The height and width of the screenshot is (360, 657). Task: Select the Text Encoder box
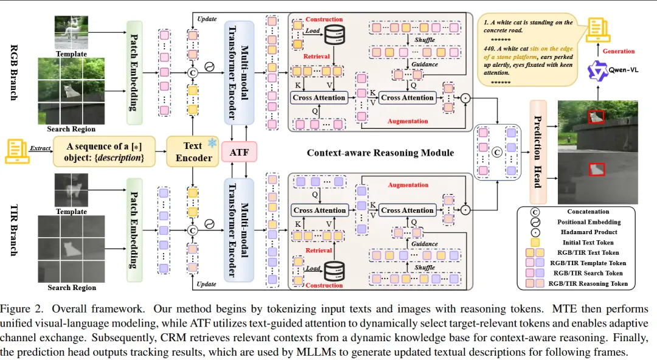click(x=192, y=151)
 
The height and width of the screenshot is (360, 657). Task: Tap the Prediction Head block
click(x=538, y=151)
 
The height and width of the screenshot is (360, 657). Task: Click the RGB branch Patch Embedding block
click(x=133, y=65)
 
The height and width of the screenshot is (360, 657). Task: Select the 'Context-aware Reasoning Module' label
click(x=380, y=152)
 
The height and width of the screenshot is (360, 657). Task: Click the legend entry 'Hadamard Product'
click(x=588, y=232)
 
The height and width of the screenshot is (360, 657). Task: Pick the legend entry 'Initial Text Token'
click(x=588, y=242)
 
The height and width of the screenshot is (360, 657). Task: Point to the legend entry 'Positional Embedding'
click(x=588, y=221)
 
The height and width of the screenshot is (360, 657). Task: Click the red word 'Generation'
click(x=618, y=51)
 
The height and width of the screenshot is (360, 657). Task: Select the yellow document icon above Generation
click(x=598, y=29)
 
